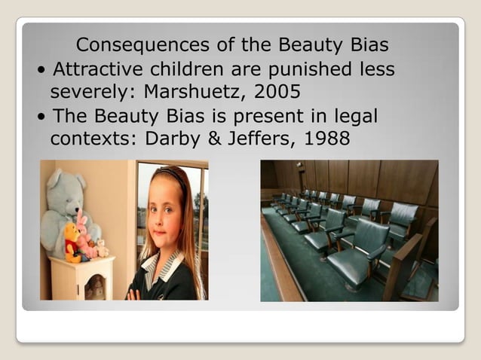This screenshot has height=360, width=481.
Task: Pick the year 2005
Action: [280, 93]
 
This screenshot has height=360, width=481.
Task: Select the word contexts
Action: [89, 140]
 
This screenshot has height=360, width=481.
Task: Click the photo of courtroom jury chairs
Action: [349, 230]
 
